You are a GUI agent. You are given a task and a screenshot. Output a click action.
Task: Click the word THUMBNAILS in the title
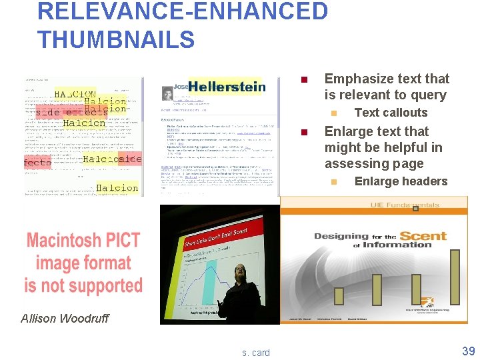pyautogui.click(x=116, y=39)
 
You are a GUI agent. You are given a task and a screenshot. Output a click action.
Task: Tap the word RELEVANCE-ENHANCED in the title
pyautogui.click(x=183, y=11)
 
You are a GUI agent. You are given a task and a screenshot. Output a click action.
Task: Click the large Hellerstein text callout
pyautogui.click(x=227, y=87)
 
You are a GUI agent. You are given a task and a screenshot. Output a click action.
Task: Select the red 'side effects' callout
pyautogui.click(x=67, y=112)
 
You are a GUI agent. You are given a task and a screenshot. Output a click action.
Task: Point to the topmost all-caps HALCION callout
pyautogui.click(x=75, y=94)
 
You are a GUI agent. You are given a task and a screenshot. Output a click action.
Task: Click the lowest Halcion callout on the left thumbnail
pyautogui.click(x=117, y=188)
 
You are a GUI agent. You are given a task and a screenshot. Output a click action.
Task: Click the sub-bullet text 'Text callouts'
pyautogui.click(x=391, y=113)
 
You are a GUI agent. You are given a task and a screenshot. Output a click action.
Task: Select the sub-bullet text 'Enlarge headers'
pyautogui.click(x=401, y=181)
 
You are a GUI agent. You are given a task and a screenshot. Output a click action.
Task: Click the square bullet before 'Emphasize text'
pyautogui.click(x=303, y=80)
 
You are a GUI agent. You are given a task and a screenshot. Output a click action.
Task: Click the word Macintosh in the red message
pyautogui.click(x=83, y=241)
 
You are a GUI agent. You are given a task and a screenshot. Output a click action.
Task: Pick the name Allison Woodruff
pyautogui.click(x=64, y=318)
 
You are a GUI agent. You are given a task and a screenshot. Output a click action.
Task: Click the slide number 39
pyautogui.click(x=469, y=351)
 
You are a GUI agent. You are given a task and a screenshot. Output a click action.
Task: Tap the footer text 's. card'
pyautogui.click(x=256, y=352)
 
